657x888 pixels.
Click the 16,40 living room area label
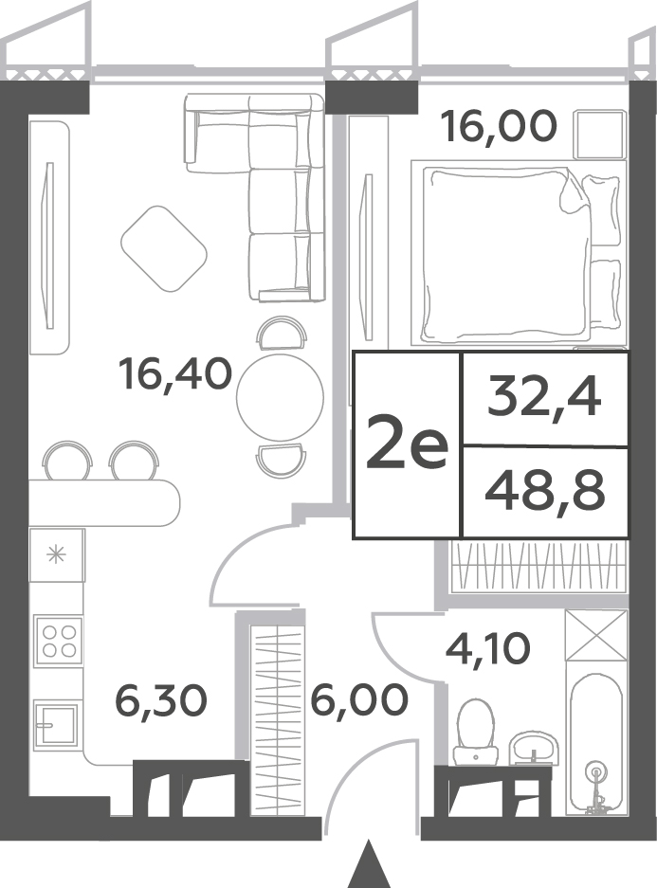[175, 374]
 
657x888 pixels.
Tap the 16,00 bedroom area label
[501, 126]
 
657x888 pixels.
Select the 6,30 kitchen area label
[161, 700]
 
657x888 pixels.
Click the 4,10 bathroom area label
[487, 648]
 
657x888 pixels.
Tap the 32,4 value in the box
[544, 398]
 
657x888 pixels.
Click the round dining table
[280, 396]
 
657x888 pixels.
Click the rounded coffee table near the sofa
[164, 249]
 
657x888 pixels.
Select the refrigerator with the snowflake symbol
[57, 555]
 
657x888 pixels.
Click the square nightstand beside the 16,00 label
[600, 135]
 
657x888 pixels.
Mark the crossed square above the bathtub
[596, 635]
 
